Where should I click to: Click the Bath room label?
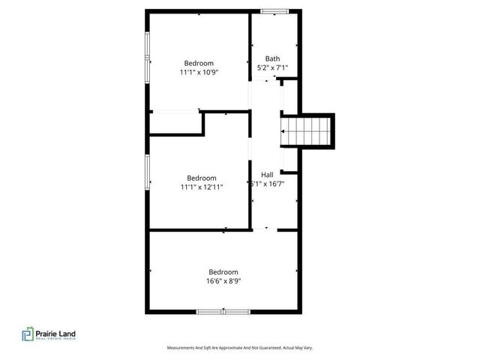(272, 58)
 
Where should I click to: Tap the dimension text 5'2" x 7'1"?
(272, 68)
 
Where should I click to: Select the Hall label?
(267, 174)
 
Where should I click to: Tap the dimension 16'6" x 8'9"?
(223, 281)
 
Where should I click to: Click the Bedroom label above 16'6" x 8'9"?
(223, 271)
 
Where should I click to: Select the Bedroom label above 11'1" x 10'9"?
(199, 63)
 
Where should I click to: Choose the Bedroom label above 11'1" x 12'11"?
(201, 178)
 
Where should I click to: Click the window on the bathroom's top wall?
(274, 10)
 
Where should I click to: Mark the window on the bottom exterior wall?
(223, 311)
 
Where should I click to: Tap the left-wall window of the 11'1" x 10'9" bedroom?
(147, 56)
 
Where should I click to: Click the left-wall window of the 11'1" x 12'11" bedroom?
(147, 174)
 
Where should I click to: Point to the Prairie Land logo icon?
(26, 334)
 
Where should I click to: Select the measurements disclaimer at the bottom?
(239, 348)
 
